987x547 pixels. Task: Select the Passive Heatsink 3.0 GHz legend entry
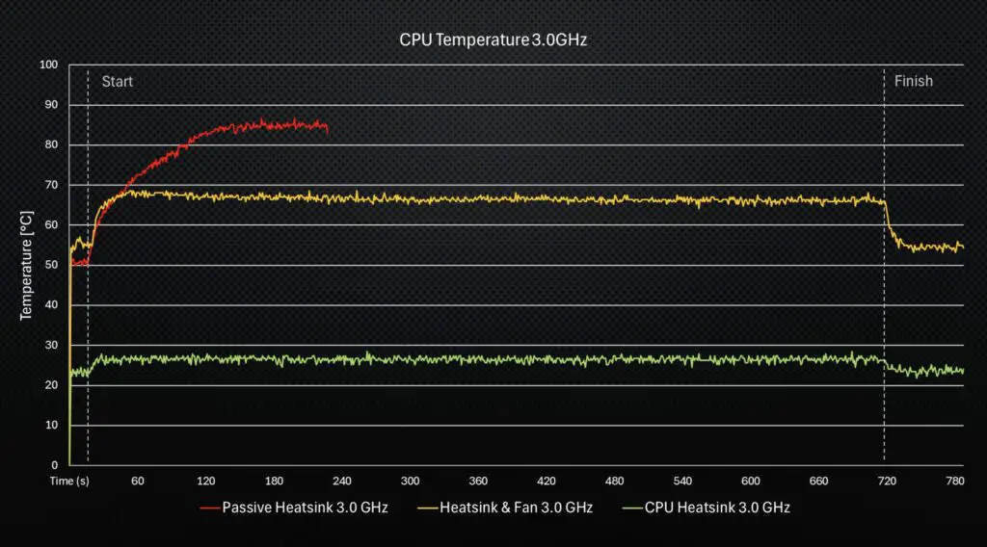pos(305,507)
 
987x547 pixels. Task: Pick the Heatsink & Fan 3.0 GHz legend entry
pos(516,507)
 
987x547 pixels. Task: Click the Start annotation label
pos(118,82)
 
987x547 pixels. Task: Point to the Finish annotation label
pos(913,82)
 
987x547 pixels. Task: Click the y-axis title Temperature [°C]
pos(27,265)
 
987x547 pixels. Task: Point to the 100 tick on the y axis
pos(48,65)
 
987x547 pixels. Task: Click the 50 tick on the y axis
pos(51,265)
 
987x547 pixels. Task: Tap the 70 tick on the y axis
pos(51,185)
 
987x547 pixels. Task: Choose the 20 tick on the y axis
pos(51,385)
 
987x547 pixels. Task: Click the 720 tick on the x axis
pos(887,481)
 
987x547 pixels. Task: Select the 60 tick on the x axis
pos(138,481)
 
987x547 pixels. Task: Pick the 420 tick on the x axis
pos(547,481)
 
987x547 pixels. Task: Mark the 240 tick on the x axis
pos(342,481)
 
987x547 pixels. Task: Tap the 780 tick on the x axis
pos(954,481)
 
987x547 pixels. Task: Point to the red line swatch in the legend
pos(208,507)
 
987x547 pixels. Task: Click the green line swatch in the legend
pos(633,507)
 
